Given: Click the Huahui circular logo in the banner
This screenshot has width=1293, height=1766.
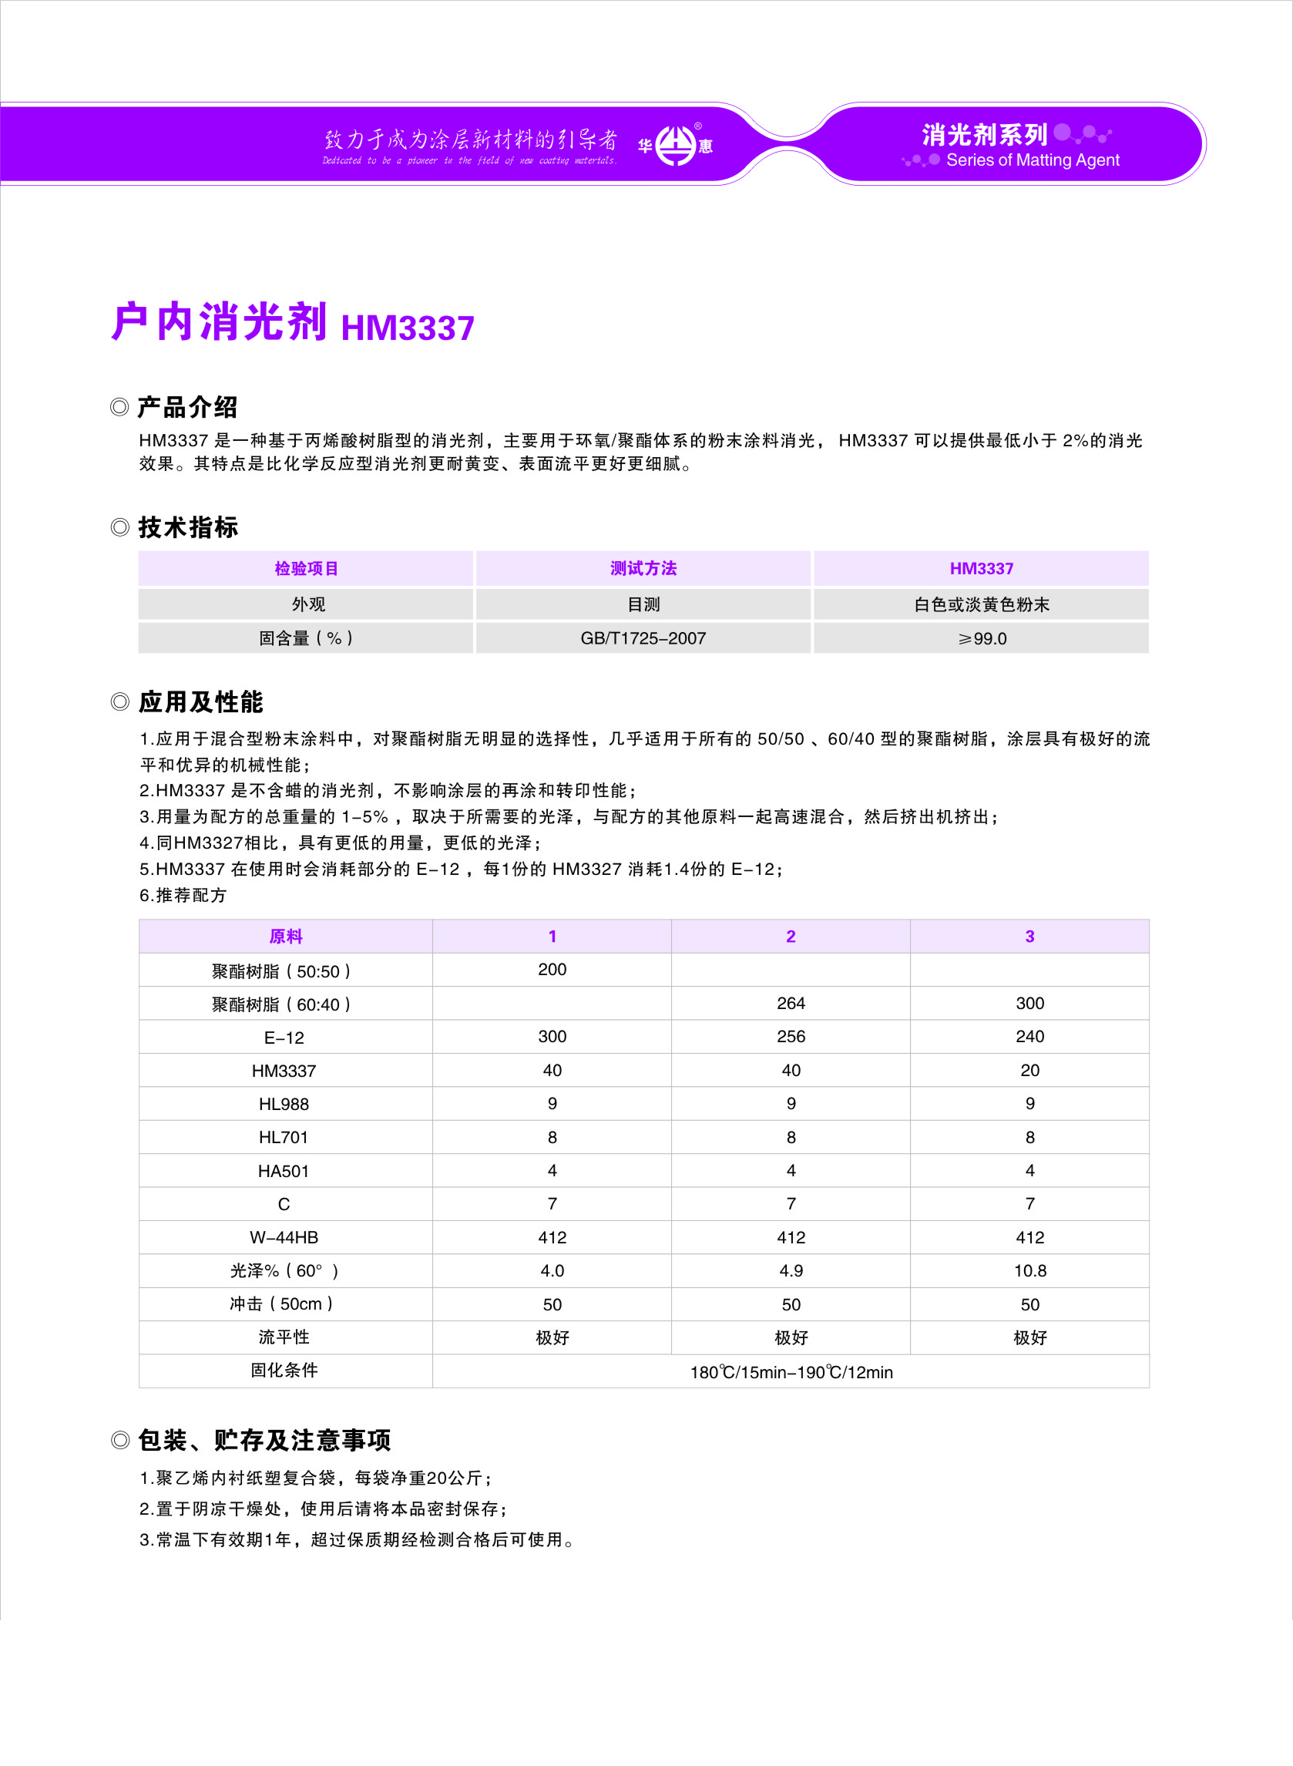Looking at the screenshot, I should coord(675,145).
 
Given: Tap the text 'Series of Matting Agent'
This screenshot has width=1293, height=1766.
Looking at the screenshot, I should coord(1033,160).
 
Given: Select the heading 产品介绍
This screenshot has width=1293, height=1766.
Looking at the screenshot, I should coord(187,407).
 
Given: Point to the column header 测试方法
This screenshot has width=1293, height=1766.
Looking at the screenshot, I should coord(643,568).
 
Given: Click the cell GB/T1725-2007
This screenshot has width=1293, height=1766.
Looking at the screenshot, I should coord(643,638).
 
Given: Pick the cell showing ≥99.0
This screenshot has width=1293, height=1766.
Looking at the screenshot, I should coord(982,638).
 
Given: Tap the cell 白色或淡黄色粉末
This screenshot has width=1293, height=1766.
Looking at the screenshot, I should coord(982,604).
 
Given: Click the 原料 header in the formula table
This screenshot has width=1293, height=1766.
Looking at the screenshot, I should coord(286,937).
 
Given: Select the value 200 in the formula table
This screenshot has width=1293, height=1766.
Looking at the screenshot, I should coord(552,969).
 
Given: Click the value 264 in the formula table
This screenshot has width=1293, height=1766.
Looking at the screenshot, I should coord(791,1003).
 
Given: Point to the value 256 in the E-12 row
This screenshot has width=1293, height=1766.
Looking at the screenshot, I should coord(791,1037).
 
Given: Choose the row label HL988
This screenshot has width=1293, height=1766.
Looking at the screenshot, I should coord(284,1104).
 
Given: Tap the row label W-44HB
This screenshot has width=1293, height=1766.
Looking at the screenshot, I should coord(284,1238).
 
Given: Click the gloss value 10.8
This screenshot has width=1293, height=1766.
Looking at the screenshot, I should coord(1030,1270).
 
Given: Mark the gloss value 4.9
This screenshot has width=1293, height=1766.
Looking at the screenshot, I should coord(791,1270).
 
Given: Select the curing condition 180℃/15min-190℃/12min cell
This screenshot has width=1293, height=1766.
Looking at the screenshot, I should coord(791,1372).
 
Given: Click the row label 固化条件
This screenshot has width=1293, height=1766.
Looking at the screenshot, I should coord(284,1370).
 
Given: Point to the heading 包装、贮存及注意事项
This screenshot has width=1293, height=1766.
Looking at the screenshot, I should coord(264,1441).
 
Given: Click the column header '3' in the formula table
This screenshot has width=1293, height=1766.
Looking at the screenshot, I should coord(1030,937).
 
